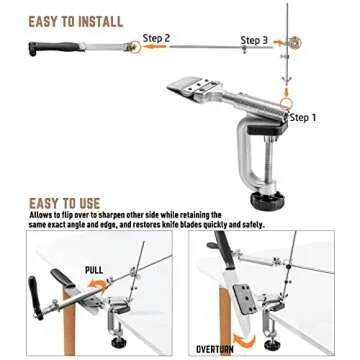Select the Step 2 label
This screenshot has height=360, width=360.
(156, 38)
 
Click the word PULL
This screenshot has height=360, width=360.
(93, 270)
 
